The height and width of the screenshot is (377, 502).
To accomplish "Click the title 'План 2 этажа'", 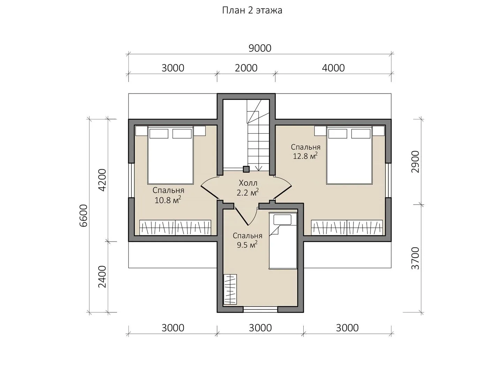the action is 252,10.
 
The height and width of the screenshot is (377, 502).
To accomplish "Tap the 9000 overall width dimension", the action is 260,48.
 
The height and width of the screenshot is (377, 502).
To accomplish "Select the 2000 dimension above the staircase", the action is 246,68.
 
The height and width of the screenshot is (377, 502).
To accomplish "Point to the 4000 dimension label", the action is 333,68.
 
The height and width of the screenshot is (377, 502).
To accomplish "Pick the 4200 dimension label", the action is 102,180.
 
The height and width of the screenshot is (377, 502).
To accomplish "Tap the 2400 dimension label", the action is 102,277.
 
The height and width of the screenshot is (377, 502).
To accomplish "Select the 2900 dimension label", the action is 415,162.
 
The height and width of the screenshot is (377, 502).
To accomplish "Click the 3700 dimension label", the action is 415,258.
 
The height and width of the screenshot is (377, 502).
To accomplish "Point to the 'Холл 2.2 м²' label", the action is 248,188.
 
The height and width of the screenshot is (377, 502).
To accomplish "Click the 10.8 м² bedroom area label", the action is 168,200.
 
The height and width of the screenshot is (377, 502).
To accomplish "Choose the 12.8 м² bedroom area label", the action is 305,156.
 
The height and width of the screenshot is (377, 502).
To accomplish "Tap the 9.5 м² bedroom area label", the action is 247,245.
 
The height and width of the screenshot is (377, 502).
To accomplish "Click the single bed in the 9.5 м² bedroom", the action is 283,241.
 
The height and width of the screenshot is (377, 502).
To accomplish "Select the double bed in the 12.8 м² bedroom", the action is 349,155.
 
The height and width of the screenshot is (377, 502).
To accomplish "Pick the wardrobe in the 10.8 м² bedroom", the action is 175,228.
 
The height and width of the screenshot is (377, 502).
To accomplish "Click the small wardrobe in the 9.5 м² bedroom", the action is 230,289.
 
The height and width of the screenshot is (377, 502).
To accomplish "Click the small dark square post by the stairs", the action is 246,169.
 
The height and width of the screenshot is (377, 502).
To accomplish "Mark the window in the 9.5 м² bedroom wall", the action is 260,310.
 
